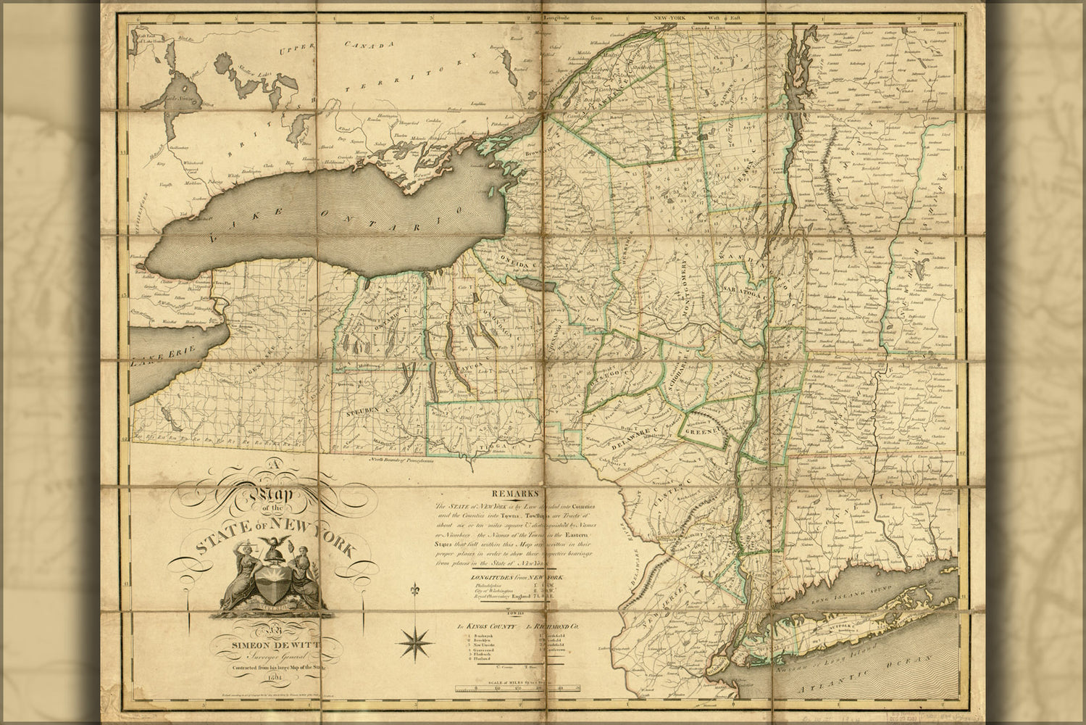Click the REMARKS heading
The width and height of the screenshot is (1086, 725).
point(514,490)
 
